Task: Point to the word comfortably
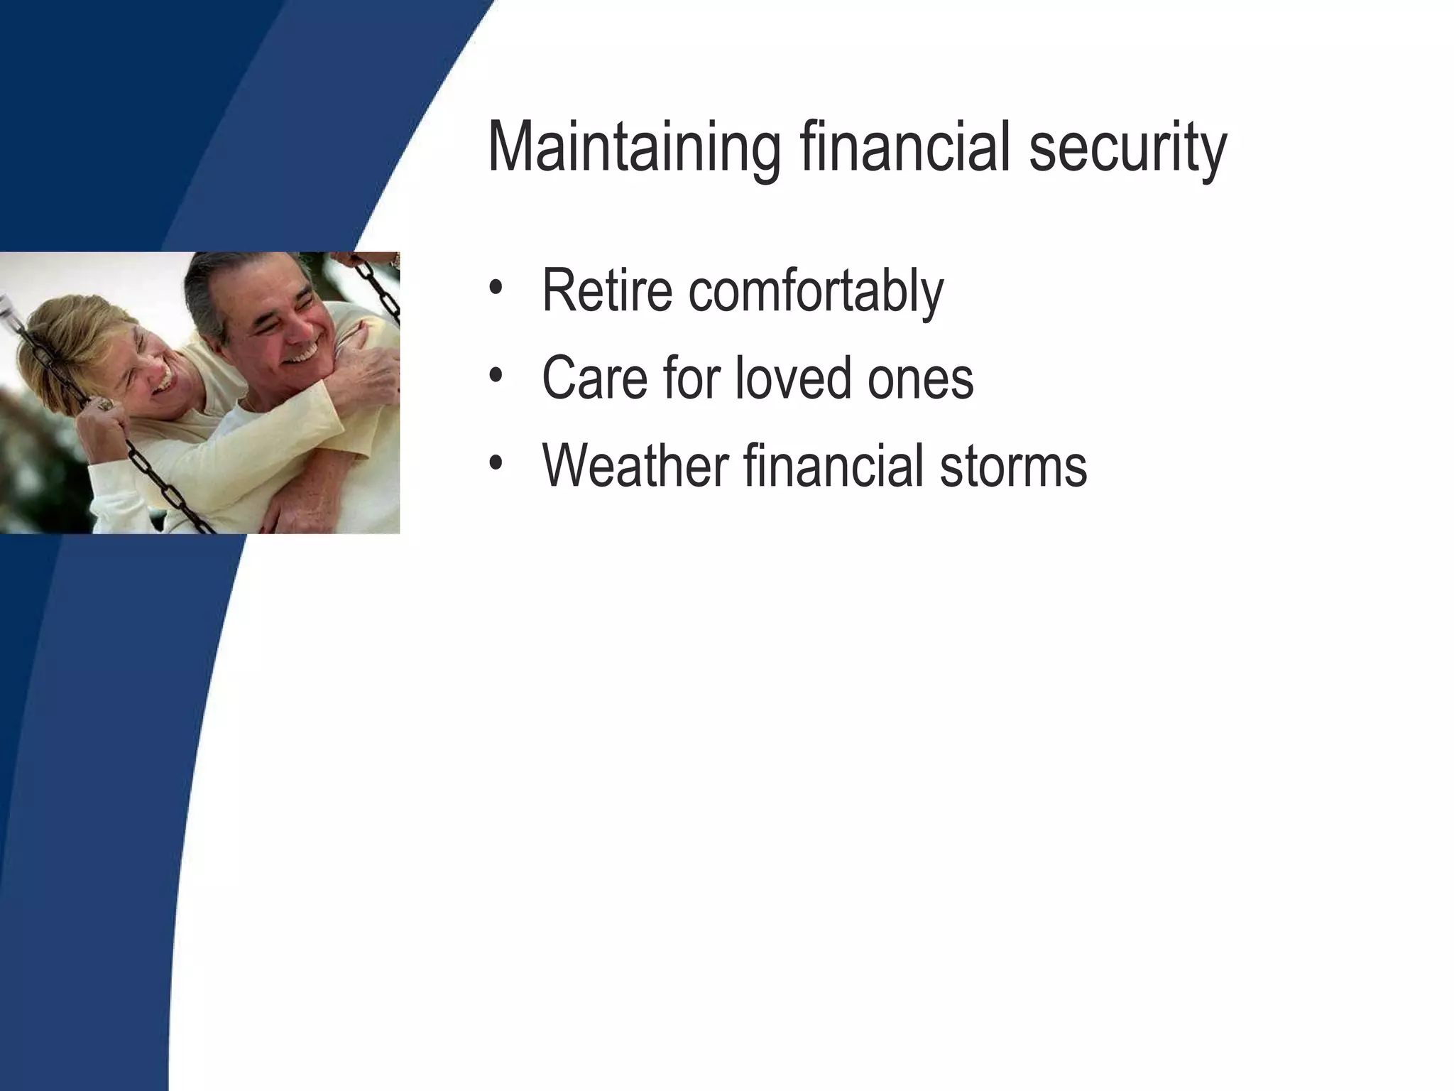coord(816,291)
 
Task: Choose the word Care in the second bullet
coord(594,378)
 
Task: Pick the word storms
coord(1013,467)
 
